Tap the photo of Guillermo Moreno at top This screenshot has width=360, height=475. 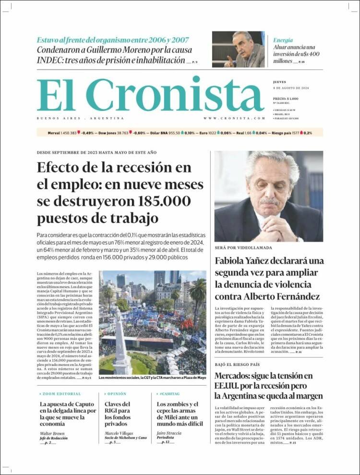tap(238, 49)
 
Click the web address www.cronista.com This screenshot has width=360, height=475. tap(234, 118)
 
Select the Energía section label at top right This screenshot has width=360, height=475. tap(283, 40)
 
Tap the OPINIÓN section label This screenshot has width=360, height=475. tap(116, 394)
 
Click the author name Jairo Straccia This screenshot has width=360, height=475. tap(169, 433)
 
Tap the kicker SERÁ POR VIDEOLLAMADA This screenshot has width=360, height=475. tap(243, 248)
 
